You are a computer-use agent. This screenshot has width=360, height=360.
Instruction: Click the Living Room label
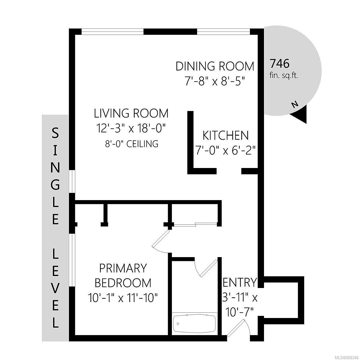[x=131, y=113]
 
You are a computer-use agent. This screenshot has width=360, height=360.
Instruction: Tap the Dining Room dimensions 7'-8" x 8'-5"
[x=215, y=82]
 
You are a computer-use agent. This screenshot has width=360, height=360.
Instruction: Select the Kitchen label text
[x=226, y=135]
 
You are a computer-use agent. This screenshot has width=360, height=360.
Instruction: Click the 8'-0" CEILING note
[x=132, y=144]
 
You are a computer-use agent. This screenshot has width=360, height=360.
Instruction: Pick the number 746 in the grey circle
[x=280, y=64]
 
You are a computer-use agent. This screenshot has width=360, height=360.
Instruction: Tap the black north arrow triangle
[x=300, y=115]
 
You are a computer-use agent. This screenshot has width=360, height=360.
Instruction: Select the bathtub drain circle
[x=178, y=324]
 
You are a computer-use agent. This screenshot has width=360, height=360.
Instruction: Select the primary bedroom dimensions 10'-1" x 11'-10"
[x=123, y=298]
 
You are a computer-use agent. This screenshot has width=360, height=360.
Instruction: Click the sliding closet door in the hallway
[x=195, y=224]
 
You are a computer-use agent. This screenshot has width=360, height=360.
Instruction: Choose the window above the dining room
[x=223, y=32]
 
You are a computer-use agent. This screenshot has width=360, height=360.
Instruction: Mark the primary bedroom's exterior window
[x=72, y=260]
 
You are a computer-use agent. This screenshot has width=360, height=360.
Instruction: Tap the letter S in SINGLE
[x=55, y=133]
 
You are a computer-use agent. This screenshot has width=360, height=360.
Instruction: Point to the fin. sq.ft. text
[x=283, y=76]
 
